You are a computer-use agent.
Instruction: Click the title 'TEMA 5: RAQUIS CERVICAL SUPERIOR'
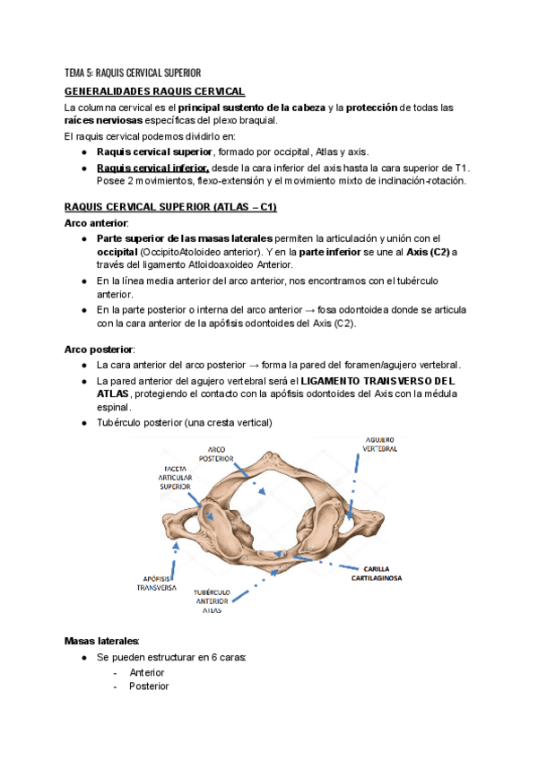point(133,73)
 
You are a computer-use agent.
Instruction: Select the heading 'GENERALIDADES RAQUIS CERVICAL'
point(155,91)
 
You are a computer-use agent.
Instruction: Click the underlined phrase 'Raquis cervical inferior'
point(153,168)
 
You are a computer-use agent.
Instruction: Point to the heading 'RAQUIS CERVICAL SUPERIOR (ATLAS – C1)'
point(171,207)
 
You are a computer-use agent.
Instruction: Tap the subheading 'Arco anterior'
point(97,222)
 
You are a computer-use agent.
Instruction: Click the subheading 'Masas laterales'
point(102,641)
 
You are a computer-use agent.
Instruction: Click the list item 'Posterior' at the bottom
point(149,687)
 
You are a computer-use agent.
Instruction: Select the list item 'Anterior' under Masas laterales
point(147,672)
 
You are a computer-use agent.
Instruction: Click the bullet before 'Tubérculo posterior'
point(83,423)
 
